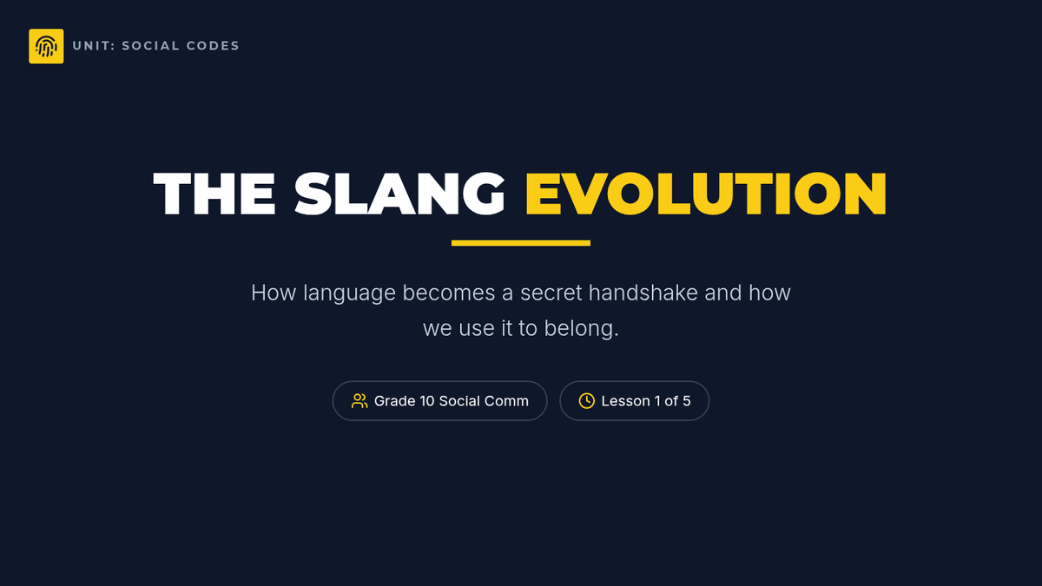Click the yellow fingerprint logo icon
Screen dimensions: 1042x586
[46, 46]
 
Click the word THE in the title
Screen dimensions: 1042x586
[214, 194]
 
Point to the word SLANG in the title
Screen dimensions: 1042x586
[399, 194]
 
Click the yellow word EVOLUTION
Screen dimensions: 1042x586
[706, 194]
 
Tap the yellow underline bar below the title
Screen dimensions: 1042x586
[520, 243]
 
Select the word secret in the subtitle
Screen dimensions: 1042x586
[551, 293]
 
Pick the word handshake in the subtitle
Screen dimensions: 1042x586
[643, 292]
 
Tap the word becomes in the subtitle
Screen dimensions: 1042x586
[448, 292]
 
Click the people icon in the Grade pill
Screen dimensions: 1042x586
[359, 401]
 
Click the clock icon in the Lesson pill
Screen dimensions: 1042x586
[587, 401]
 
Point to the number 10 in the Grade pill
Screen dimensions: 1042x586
[427, 401]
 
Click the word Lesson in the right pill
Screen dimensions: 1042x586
[626, 401]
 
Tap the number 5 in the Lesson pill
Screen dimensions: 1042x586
[687, 401]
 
